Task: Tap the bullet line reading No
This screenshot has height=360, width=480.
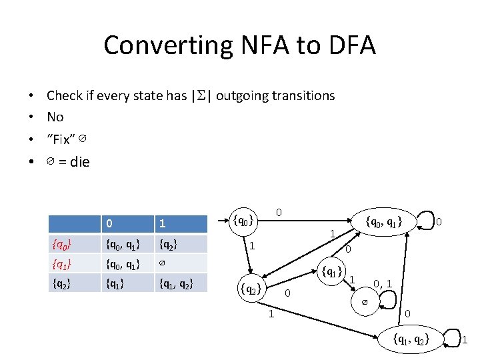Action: pyautogui.click(x=55, y=117)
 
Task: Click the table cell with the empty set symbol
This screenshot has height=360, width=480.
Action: pyautogui.click(x=162, y=263)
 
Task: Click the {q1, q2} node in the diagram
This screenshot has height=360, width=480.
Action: pyautogui.click(x=411, y=339)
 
